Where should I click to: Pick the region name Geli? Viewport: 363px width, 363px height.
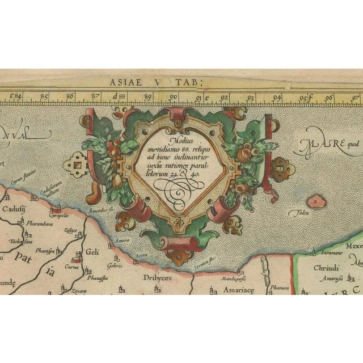pyautogui.click(x=92, y=253)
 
